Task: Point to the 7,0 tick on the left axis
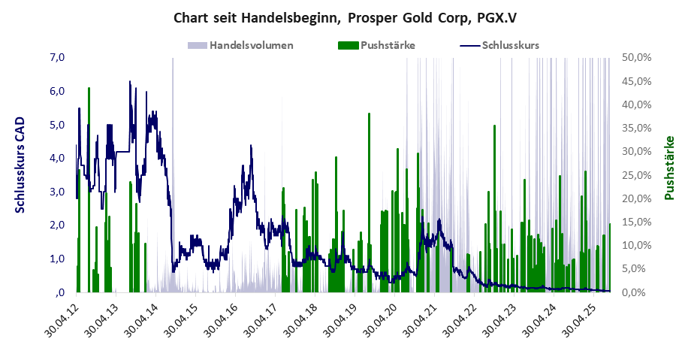[58, 57]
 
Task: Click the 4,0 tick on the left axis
[58, 158]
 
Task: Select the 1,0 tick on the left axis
[58, 259]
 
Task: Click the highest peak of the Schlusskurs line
[129, 82]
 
